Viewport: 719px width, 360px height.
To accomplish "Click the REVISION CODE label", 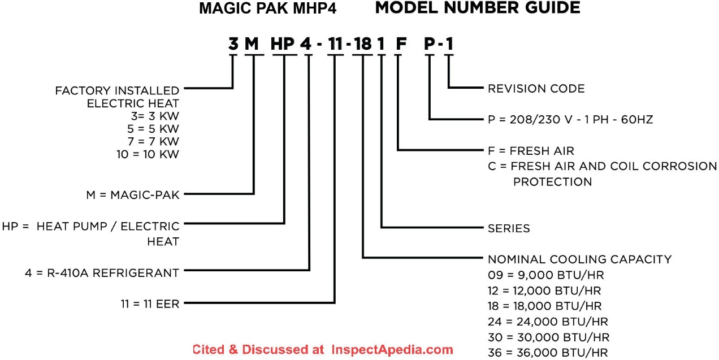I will click(536, 89).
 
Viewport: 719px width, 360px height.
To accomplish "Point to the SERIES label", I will click(509, 228).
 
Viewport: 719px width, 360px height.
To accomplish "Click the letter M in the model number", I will click(252, 44).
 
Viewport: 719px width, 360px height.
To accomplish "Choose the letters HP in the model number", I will click(283, 44).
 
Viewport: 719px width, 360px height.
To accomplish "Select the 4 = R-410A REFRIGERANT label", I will click(102, 272).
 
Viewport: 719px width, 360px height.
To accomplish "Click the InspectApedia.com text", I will click(392, 349).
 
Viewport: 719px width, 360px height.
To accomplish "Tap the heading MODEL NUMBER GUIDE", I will click(478, 8).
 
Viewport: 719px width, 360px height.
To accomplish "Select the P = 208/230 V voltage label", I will click(570, 120).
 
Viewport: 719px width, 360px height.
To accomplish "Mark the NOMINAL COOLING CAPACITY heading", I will click(579, 259).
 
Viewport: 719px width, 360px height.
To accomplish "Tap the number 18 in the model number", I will click(362, 44).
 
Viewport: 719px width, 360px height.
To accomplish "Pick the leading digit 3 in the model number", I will click(233, 44).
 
